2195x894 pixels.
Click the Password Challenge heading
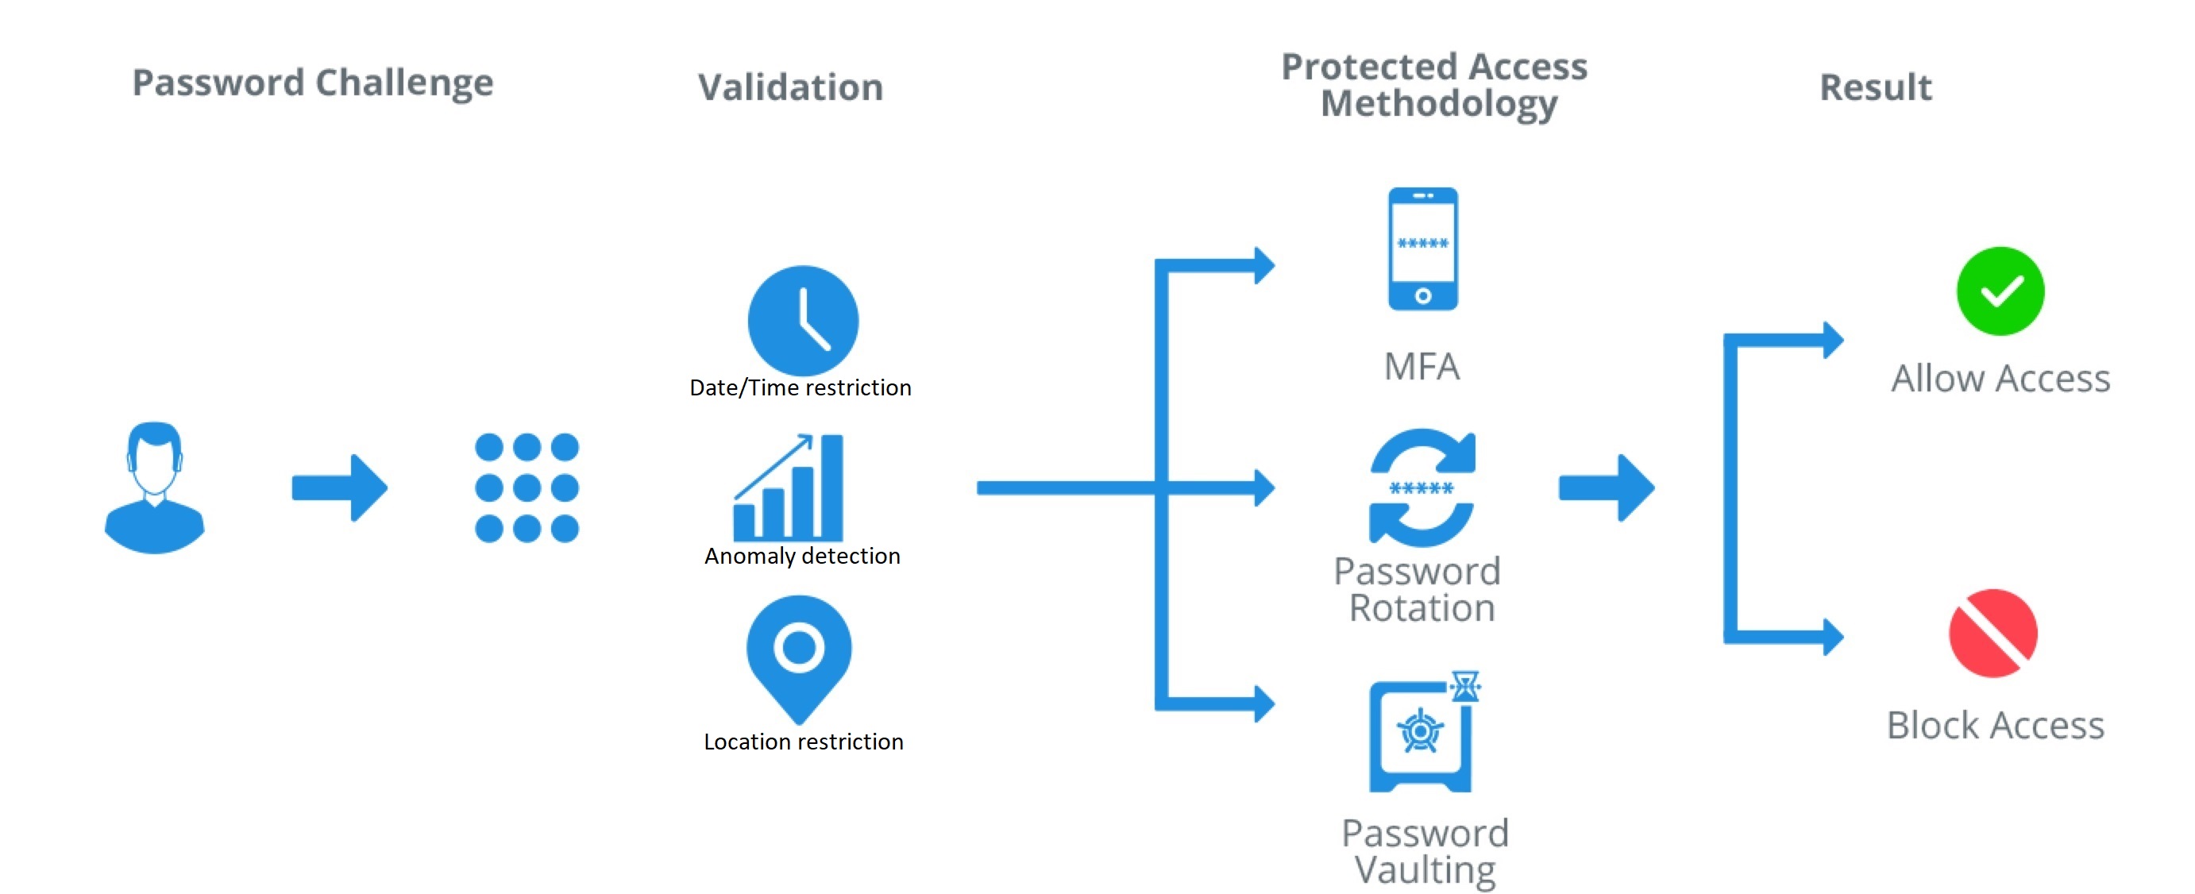(313, 83)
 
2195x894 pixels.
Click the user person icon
(154, 487)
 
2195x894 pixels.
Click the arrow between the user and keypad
(339, 487)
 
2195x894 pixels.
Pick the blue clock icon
(803, 321)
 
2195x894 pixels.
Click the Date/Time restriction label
(800, 387)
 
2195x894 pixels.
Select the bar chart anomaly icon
(789, 487)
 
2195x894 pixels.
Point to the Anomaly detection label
(802, 556)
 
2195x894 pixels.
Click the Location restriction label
(804, 742)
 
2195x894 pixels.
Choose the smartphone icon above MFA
(1422, 249)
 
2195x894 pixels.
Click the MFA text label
(1422, 367)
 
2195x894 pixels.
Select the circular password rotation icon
(1422, 487)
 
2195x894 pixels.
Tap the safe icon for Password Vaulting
(1422, 734)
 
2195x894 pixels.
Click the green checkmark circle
(2000, 291)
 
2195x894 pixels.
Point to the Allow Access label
(2000, 379)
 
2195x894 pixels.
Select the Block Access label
(1995, 725)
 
